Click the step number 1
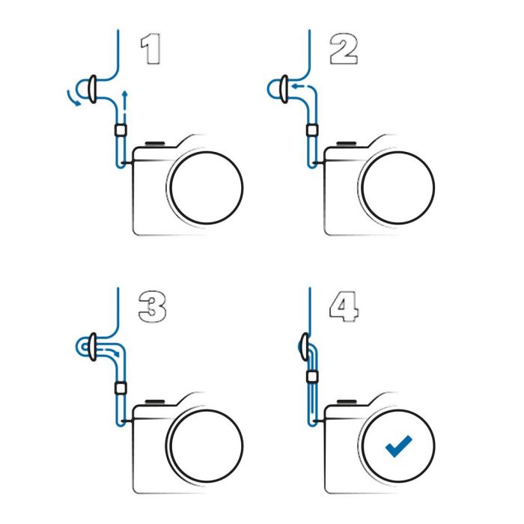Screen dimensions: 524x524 click(150, 49)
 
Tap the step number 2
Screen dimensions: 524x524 click(344, 49)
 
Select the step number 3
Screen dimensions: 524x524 click(153, 307)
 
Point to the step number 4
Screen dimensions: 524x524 click(344, 307)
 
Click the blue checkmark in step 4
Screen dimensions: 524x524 click(398, 446)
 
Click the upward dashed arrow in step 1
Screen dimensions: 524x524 click(125, 104)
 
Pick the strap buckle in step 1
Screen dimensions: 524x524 click(93, 89)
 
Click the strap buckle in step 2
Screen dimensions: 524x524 click(284, 89)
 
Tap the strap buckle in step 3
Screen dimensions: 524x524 click(93, 347)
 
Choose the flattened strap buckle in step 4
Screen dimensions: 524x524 click(305, 347)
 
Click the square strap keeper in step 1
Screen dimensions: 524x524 click(121, 130)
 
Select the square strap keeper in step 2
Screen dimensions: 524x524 click(312, 130)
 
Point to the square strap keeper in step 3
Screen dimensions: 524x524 click(121, 389)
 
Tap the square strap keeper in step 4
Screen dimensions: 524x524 click(312, 377)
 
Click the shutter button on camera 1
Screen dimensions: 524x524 click(155, 144)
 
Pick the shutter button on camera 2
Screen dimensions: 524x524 click(347, 144)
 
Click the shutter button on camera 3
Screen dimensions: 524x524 click(155, 402)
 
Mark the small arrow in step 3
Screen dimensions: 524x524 click(112, 352)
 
